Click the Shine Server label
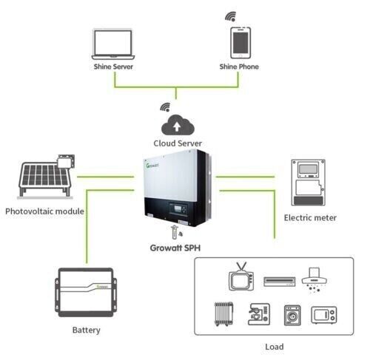(113, 67)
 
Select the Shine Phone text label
(238, 67)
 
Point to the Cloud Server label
(178, 143)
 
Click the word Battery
(87, 330)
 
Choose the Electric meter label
(311, 218)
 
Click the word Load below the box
(274, 346)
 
